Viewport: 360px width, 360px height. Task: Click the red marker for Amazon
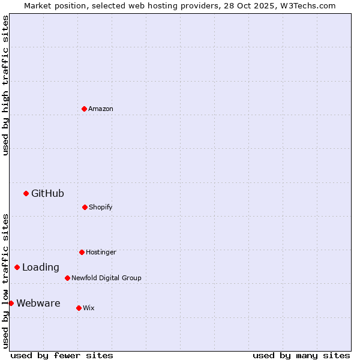(x=85, y=109)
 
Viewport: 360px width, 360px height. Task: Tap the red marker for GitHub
(x=26, y=193)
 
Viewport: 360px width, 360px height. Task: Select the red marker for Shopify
(x=85, y=207)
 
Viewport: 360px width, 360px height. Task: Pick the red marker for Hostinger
(x=82, y=252)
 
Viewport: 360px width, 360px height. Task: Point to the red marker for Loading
(x=17, y=267)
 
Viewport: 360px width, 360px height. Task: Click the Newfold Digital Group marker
(x=68, y=278)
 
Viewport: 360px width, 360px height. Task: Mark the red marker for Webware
(x=11, y=303)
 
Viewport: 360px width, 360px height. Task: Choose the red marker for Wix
(x=79, y=308)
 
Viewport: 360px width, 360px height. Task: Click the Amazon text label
(x=101, y=109)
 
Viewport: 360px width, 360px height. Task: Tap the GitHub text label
(x=47, y=193)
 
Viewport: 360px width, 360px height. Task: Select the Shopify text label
(x=101, y=207)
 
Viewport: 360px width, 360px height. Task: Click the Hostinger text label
(x=101, y=252)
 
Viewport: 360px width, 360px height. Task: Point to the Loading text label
(x=41, y=268)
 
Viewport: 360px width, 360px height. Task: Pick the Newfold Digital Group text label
(x=106, y=278)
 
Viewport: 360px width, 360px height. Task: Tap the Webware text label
(x=38, y=304)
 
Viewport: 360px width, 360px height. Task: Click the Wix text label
(x=89, y=308)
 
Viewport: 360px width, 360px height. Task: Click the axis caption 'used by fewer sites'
(x=62, y=355)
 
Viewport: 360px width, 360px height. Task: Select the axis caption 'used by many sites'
(x=301, y=355)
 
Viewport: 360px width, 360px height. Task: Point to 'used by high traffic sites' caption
(x=6, y=85)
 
